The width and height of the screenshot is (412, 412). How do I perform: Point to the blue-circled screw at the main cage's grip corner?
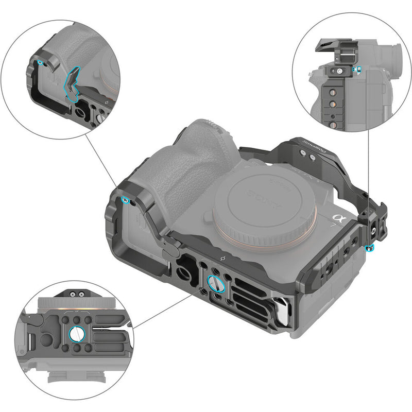point(125,200)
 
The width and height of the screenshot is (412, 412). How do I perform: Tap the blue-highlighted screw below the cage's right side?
point(369,249)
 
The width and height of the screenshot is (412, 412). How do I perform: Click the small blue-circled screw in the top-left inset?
point(40,63)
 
